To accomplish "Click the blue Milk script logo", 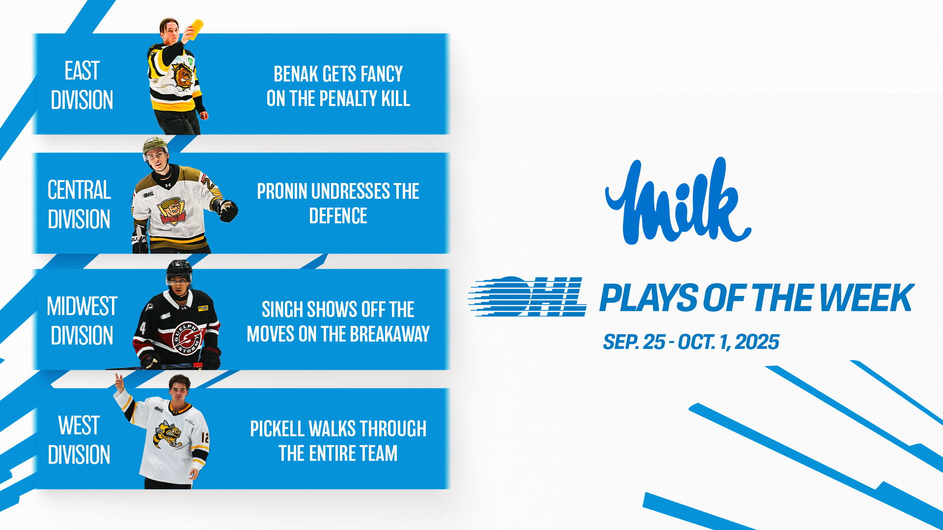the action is click(x=678, y=201).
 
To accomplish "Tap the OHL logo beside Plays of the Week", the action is click(x=527, y=296).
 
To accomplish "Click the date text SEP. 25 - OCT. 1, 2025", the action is click(x=691, y=342).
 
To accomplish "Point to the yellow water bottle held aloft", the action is click(x=195, y=29).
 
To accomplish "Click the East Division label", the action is click(x=82, y=85).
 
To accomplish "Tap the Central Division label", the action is click(x=79, y=204).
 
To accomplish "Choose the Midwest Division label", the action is click(x=82, y=320).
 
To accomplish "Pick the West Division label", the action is click(x=79, y=440).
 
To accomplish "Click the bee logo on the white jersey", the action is click(x=168, y=434).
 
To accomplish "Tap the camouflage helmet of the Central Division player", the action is click(x=155, y=146).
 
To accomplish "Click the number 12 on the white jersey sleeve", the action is click(x=205, y=437).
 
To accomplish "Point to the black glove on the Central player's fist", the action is click(x=227, y=211).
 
